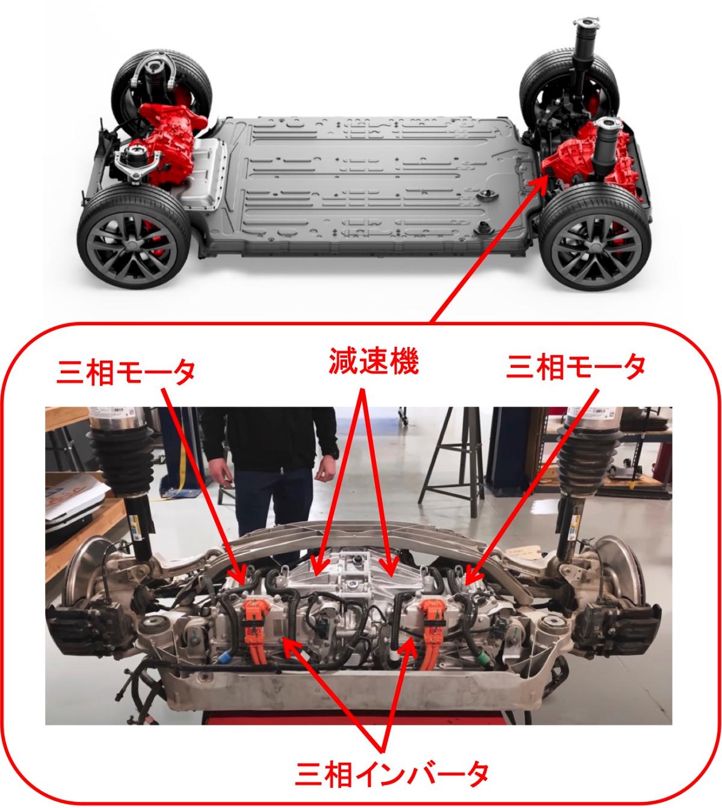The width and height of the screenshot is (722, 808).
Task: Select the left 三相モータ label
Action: coord(126,371)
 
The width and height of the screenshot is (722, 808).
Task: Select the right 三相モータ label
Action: coord(575,367)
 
